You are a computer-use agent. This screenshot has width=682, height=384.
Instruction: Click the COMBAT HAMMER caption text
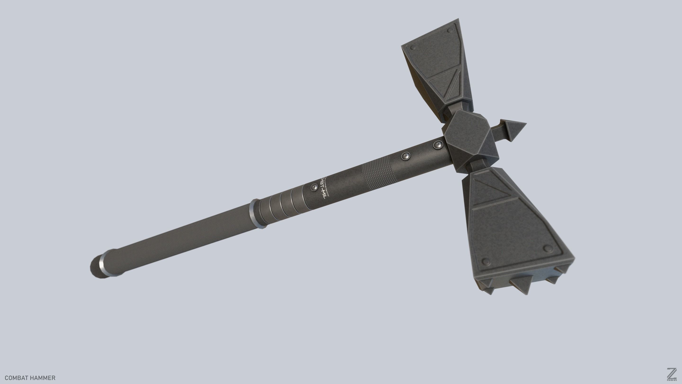pyautogui.click(x=30, y=378)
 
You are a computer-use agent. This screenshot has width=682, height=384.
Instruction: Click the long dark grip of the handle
pyautogui.click(x=180, y=238)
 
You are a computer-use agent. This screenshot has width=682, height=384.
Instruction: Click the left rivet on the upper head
pyautogui.click(x=413, y=48)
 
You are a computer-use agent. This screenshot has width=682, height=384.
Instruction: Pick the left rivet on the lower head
pyautogui.click(x=486, y=261)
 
